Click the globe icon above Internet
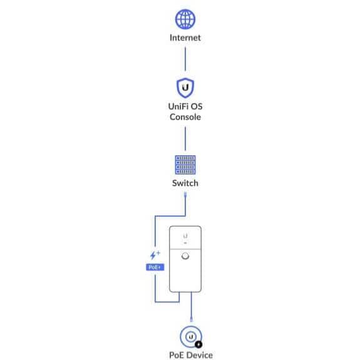[185, 19]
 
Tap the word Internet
[185, 38]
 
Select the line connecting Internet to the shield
[185, 59]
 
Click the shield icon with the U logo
[185, 88]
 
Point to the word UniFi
[178, 106]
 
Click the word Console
[185, 117]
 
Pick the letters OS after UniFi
[197, 106]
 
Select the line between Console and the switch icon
[185, 138]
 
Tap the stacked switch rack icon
[185, 165]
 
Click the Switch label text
[185, 183]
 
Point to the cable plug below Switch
[185, 195]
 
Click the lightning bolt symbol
[153, 255]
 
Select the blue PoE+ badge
[155, 267]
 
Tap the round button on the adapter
[185, 256]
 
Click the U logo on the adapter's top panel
[185, 236]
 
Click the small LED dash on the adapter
[185, 243]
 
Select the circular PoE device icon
[191, 337]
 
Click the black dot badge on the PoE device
[198, 344]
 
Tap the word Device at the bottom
[200, 355]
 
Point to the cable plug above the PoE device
[191, 319]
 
